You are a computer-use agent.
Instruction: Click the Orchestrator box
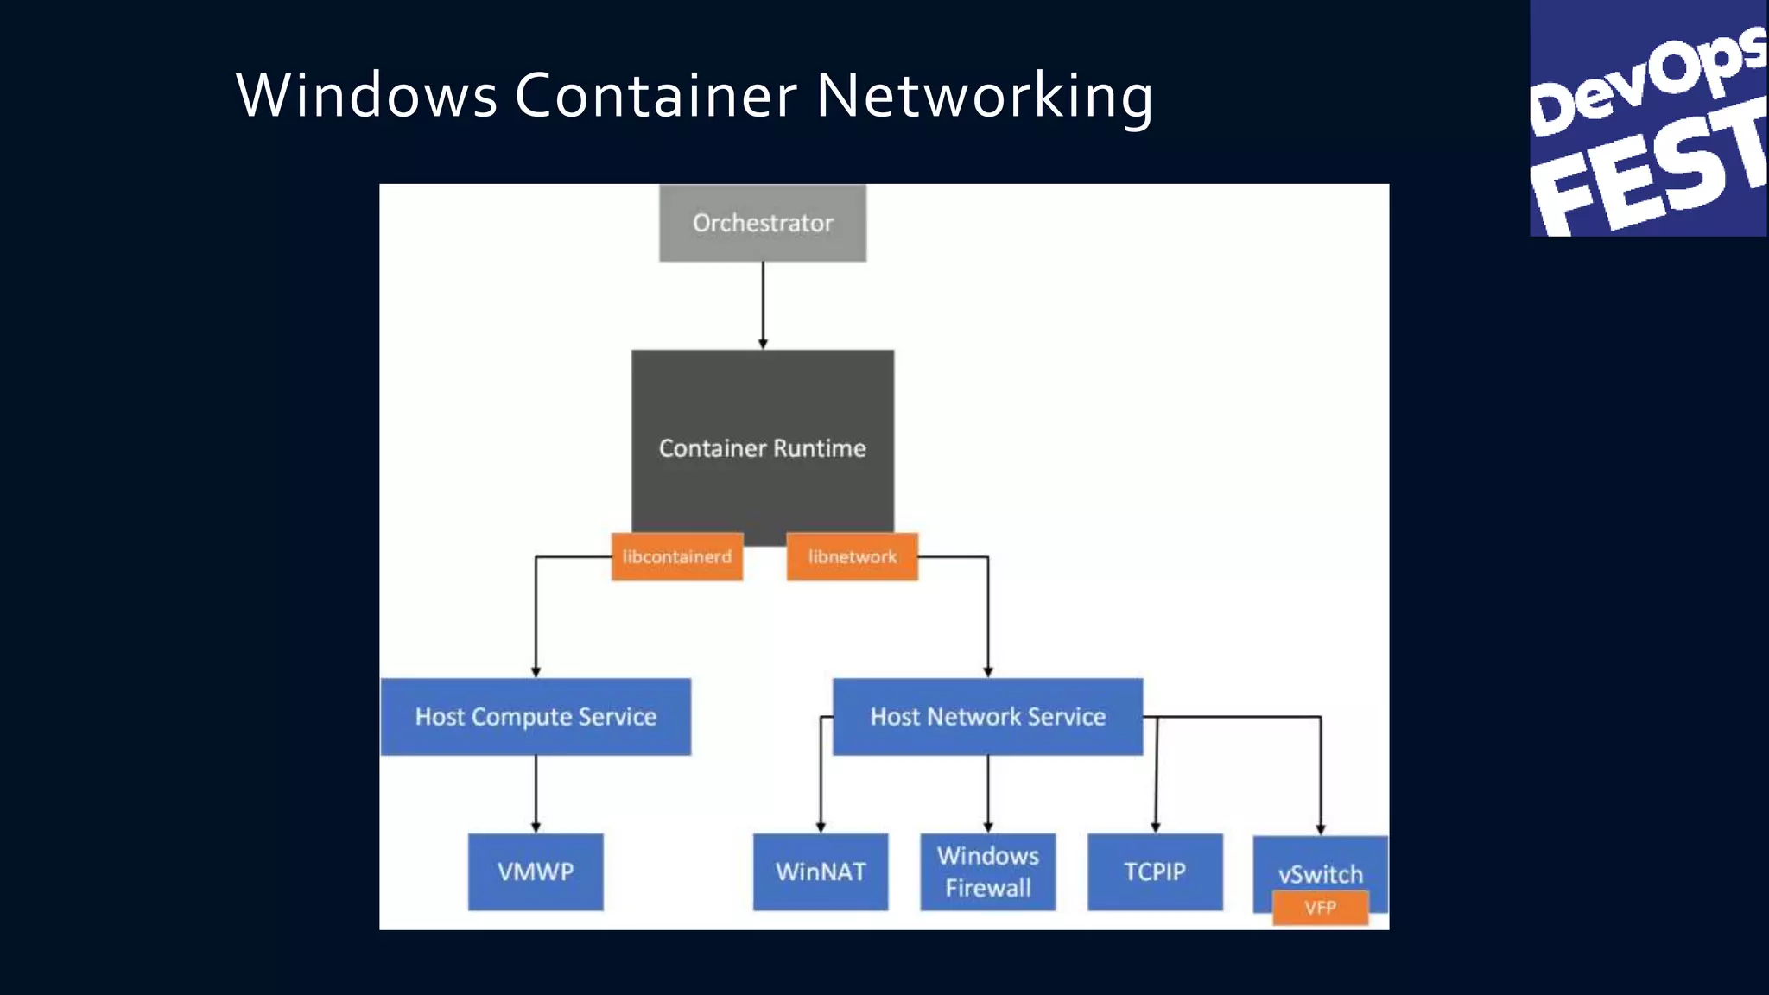click(763, 223)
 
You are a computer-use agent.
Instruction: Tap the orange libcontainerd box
click(677, 556)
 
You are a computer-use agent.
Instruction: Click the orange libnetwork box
click(853, 556)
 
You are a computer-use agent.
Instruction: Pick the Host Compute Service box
click(536, 717)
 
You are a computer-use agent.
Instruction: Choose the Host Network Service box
click(987, 717)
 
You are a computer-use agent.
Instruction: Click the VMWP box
click(536, 871)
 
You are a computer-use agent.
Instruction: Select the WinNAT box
click(821, 871)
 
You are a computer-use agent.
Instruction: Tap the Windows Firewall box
click(987, 871)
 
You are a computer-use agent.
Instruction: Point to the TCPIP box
click(1155, 871)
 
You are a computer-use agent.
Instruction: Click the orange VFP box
click(1320, 908)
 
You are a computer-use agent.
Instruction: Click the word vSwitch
click(1320, 874)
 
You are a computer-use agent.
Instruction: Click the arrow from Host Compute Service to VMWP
click(536, 793)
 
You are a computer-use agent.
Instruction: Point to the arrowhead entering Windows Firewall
click(988, 827)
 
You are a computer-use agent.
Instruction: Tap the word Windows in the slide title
click(366, 95)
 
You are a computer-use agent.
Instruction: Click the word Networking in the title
click(984, 95)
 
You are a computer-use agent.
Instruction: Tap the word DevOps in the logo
click(1645, 82)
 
